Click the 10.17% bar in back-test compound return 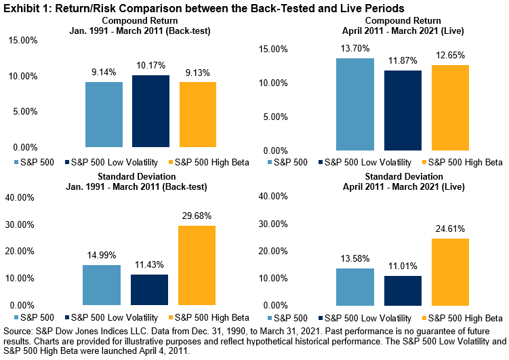click(150, 111)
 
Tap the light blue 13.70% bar click(355, 104)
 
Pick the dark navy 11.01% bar click(402, 291)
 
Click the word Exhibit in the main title click(20, 7)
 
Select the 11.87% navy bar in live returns click(402, 111)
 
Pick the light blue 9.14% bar click(104, 115)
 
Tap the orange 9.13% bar click(197, 115)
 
